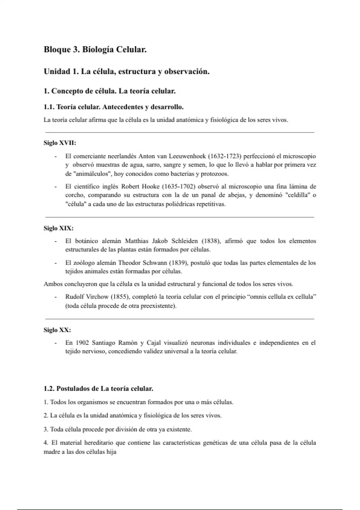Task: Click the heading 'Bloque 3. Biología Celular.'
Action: coord(95,49)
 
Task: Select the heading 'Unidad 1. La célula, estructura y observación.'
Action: coord(126,72)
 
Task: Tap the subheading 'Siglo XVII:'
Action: coord(60,143)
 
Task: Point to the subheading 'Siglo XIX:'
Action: coord(58,228)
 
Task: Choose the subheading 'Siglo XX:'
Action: coord(57,330)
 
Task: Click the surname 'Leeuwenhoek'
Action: coord(187,156)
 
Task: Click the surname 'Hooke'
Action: coord(148,187)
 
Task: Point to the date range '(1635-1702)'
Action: coord(179,187)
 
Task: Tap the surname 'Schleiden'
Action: coord(184,241)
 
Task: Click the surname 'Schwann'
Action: coord(155,263)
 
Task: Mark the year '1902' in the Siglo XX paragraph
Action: coord(82,343)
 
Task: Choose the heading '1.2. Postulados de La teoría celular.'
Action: coord(98,389)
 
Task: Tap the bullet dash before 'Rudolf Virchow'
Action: coord(55,297)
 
